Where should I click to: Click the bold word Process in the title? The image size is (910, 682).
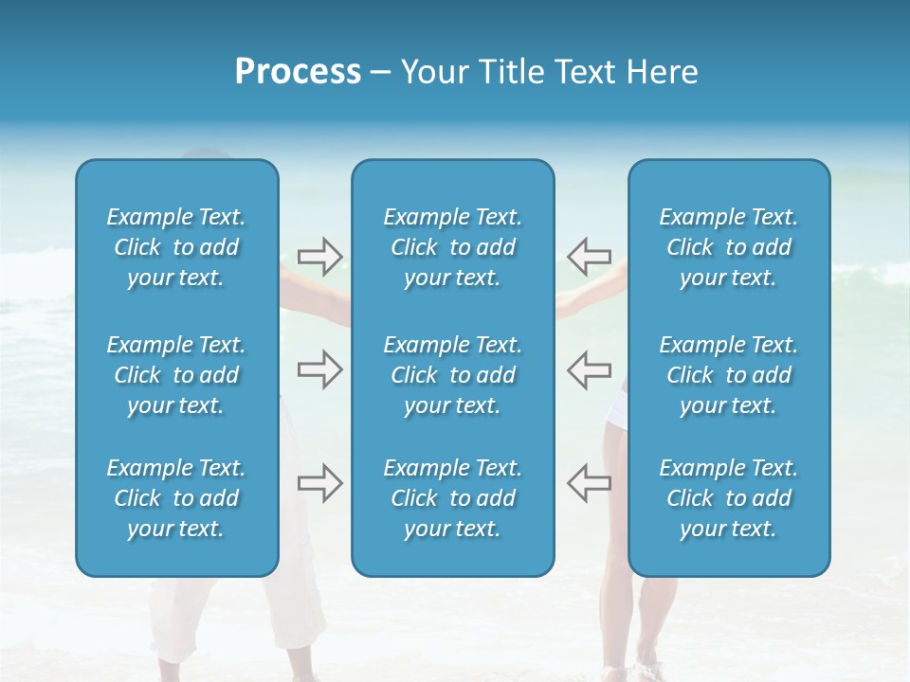tap(298, 72)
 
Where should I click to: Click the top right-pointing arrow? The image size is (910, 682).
tap(319, 256)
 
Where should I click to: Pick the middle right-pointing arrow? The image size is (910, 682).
tap(319, 369)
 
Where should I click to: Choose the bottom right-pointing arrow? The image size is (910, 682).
tap(319, 483)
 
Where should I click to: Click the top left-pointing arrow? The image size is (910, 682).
tap(589, 256)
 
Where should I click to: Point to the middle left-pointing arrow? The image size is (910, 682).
tap(589, 369)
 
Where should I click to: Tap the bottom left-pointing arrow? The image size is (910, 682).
tap(589, 483)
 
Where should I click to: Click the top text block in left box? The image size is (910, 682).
tap(176, 247)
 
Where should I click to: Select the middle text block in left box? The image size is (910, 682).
tap(176, 375)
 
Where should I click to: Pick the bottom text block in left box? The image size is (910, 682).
tap(176, 498)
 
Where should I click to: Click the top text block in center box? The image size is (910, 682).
tap(452, 247)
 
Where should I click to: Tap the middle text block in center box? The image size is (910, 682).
tap(452, 375)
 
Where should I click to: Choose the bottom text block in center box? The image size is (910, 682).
tap(452, 498)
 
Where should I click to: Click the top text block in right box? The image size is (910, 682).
tap(728, 247)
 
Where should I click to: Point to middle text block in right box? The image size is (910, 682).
tap(728, 375)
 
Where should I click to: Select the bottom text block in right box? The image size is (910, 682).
tap(728, 498)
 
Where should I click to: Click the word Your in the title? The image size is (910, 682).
tap(431, 72)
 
